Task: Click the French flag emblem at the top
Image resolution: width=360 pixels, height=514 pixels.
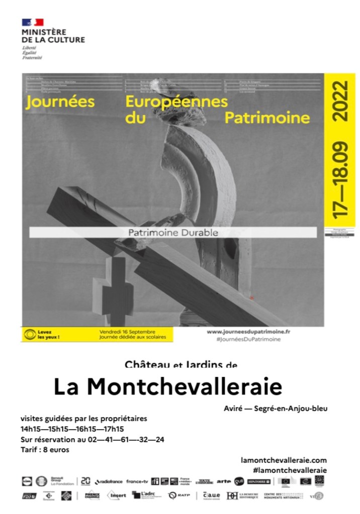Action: [x=32, y=22]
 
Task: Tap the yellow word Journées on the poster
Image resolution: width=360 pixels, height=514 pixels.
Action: [x=60, y=101]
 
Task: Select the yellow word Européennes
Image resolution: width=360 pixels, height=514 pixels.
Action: [x=176, y=101]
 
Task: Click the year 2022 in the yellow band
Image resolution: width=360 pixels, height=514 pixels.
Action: [x=341, y=100]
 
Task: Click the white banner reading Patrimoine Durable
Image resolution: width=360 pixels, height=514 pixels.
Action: [x=172, y=233]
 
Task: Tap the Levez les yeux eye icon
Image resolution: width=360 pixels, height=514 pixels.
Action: [x=31, y=334]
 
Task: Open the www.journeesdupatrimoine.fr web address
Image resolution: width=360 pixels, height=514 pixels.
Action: [x=248, y=332]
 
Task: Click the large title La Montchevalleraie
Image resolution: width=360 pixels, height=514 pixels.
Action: [x=168, y=386]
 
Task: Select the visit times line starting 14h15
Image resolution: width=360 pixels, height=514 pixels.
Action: [x=72, y=429]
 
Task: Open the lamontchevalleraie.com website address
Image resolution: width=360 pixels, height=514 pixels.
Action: [x=284, y=460]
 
